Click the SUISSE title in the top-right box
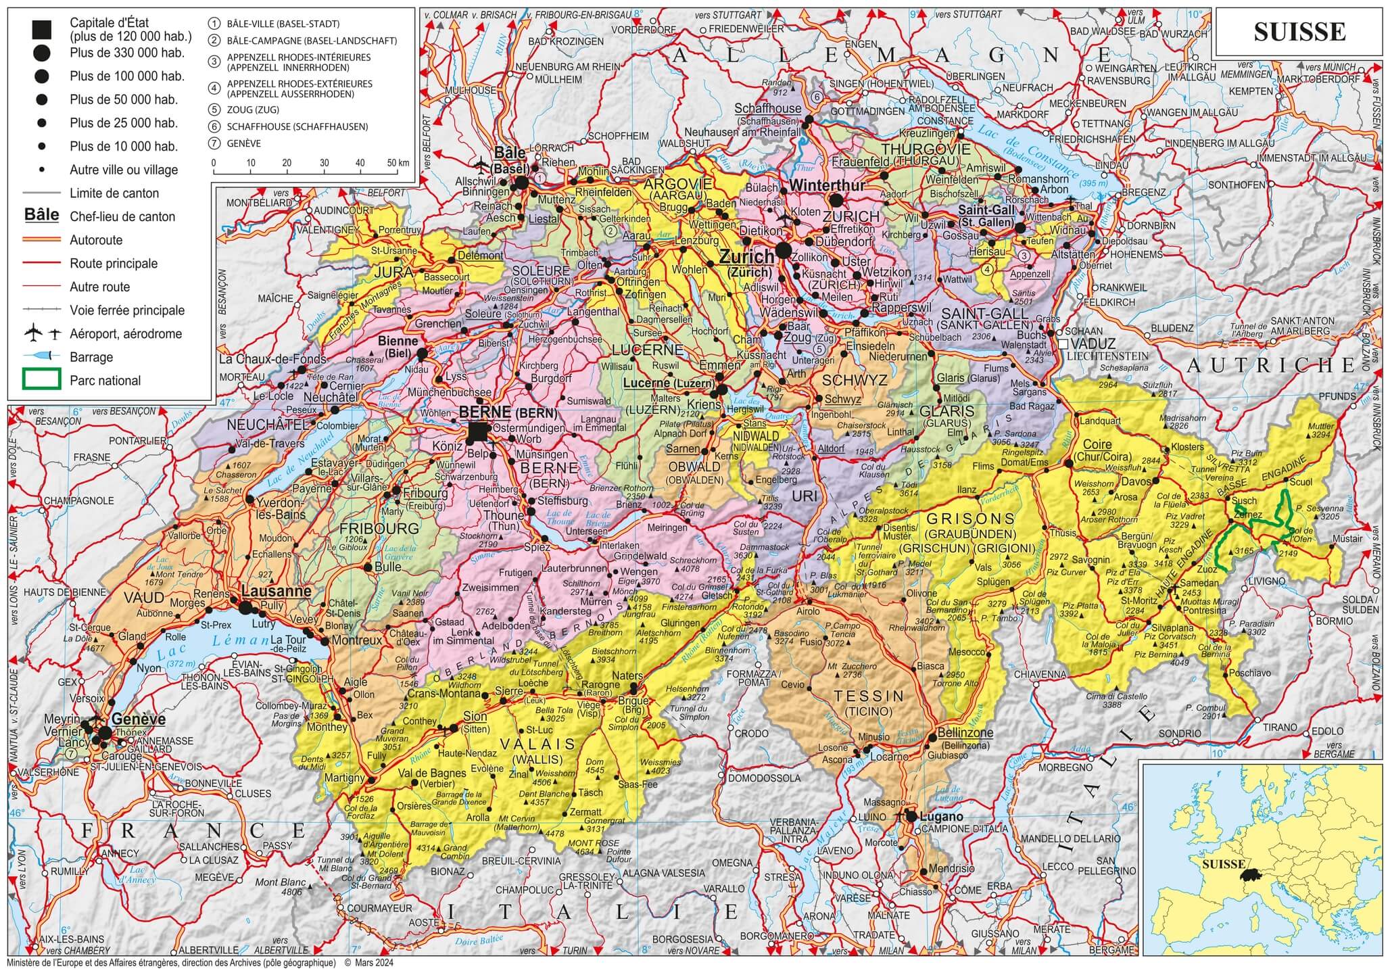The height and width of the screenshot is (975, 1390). click(1299, 32)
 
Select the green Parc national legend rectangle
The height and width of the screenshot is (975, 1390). click(42, 380)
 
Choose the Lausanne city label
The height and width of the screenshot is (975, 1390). click(276, 590)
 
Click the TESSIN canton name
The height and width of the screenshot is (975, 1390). click(869, 696)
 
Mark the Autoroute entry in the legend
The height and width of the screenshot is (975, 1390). click(95, 240)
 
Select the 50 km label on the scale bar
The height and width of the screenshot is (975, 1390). click(398, 164)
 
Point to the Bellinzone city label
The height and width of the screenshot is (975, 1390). click(965, 732)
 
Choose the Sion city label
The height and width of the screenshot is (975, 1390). click(475, 717)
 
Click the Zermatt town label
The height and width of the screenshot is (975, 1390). click(585, 811)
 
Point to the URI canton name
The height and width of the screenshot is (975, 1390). click(805, 496)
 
